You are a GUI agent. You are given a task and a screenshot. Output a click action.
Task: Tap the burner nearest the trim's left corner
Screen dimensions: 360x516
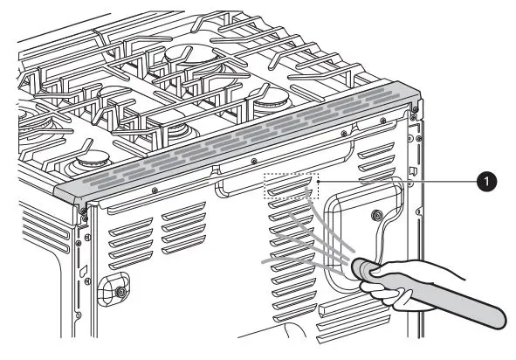[88, 161]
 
